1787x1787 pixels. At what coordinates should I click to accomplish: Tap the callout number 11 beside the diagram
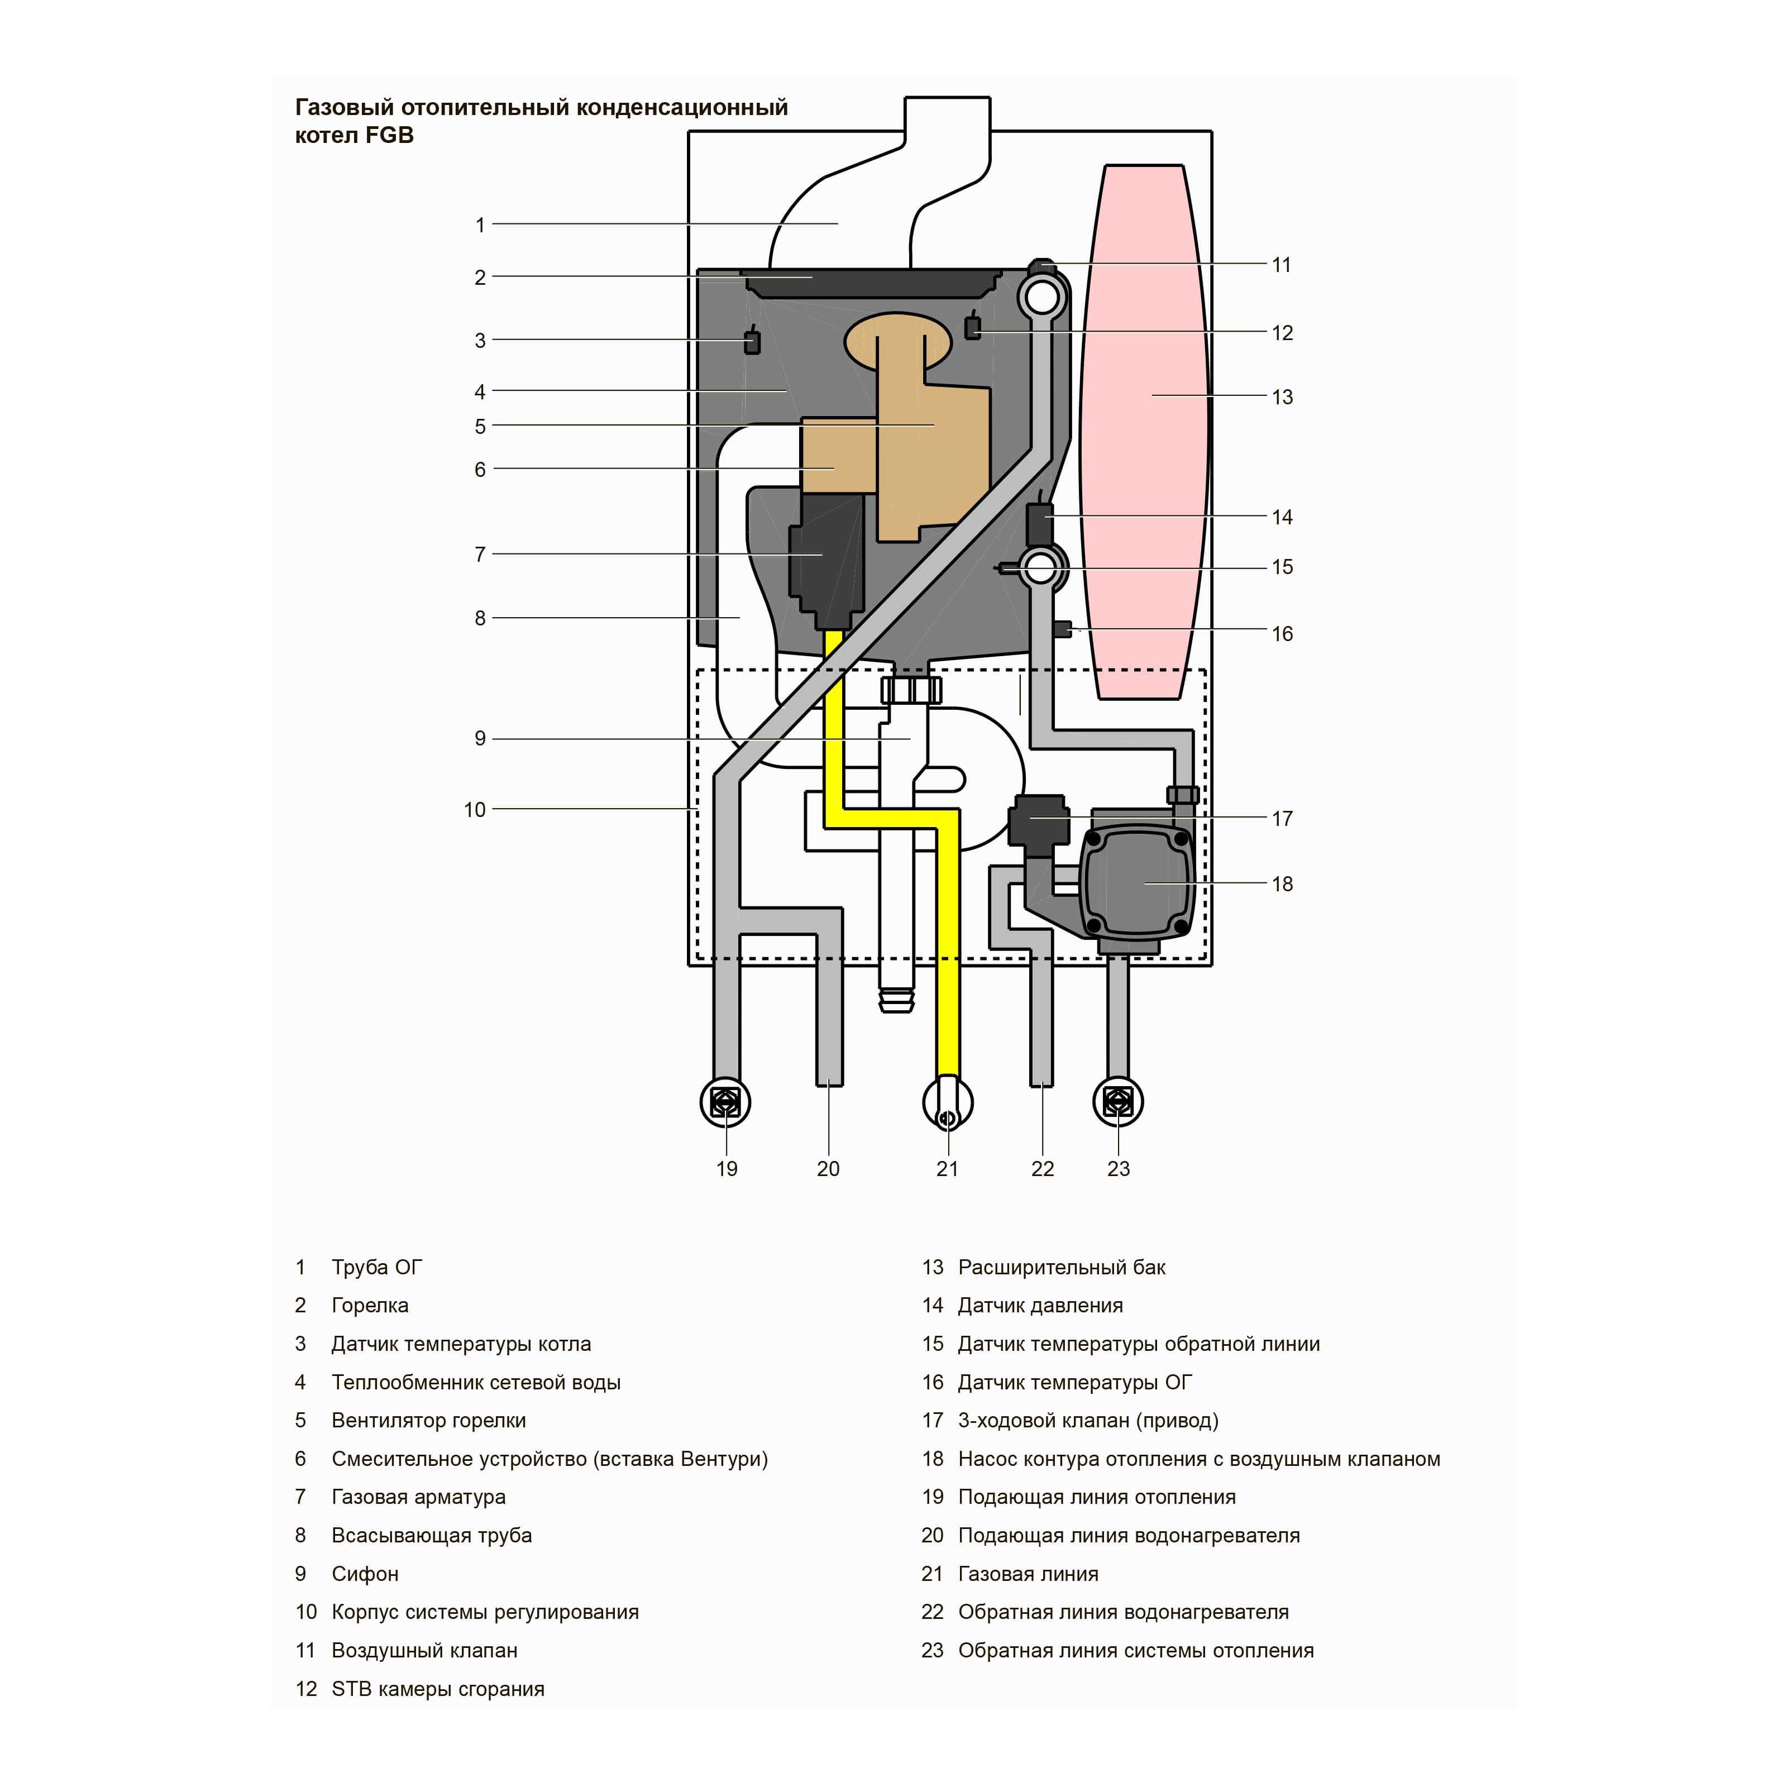tap(1281, 265)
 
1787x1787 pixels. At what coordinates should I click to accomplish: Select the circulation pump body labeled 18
tap(1136, 883)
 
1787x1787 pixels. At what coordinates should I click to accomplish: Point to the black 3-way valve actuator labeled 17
tap(1037, 819)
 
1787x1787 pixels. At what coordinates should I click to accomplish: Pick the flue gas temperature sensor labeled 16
tap(1063, 630)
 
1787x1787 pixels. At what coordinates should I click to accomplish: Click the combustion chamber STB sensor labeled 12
tap(972, 327)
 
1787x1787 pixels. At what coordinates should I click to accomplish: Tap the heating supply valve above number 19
tap(726, 1102)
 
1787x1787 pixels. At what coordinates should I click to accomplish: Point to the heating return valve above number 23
tap(1118, 1102)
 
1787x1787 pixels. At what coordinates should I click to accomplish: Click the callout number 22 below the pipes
tap(1043, 1169)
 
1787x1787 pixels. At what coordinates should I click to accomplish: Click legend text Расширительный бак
tap(1061, 1267)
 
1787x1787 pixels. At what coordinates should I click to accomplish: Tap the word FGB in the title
tap(389, 135)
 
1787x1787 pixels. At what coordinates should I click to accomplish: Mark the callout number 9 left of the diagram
tap(480, 739)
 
